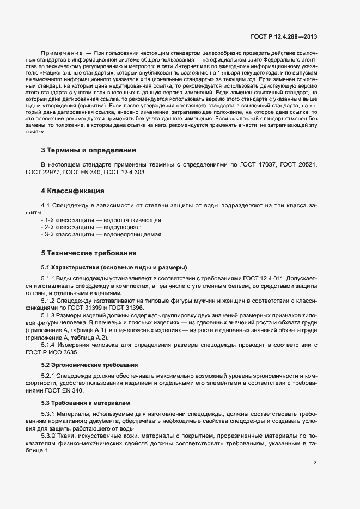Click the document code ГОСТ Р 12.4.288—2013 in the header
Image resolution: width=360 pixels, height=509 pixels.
(284, 37)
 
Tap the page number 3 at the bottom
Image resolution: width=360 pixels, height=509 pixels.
(315, 447)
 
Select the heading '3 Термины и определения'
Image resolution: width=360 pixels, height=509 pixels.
(88, 150)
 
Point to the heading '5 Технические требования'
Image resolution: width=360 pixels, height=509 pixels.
(89, 253)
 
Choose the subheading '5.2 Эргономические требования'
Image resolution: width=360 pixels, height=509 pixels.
(89, 364)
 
